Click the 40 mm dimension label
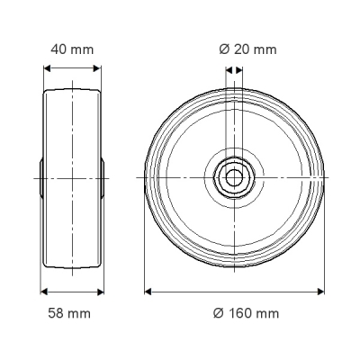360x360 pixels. [x=72, y=49]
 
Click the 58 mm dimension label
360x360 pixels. [x=69, y=313]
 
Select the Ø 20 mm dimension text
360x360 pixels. [x=247, y=49]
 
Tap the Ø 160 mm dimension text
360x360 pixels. [x=246, y=313]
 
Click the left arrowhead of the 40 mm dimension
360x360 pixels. [x=47, y=68]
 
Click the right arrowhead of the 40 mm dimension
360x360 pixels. [x=97, y=68]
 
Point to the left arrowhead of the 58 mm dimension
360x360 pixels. [x=44, y=292]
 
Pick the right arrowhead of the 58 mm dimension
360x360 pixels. [x=101, y=292]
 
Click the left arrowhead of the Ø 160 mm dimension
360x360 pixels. [x=148, y=292]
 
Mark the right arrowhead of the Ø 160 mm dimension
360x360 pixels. [x=320, y=292]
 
